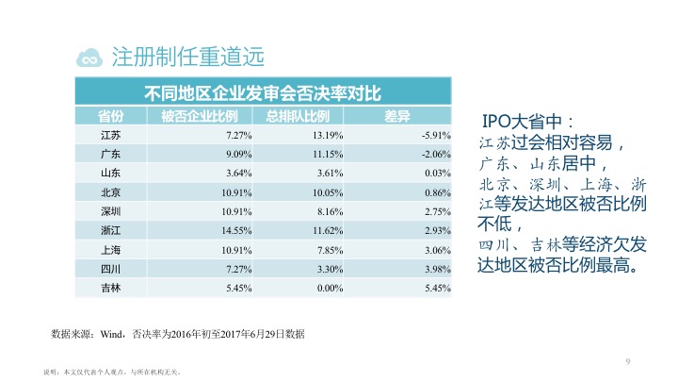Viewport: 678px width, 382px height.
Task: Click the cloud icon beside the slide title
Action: tap(91, 57)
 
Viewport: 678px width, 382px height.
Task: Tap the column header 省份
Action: tap(110, 116)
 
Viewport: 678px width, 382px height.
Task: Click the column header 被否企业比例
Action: tap(199, 116)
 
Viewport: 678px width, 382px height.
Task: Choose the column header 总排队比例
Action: tap(297, 116)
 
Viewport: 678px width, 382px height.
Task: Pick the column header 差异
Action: tap(397, 116)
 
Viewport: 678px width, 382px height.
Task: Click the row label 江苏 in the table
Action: tap(110, 135)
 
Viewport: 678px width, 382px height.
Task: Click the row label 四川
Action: tap(110, 268)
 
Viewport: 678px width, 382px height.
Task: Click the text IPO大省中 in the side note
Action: tap(532, 123)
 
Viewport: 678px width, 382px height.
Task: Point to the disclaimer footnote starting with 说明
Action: tap(112, 372)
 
